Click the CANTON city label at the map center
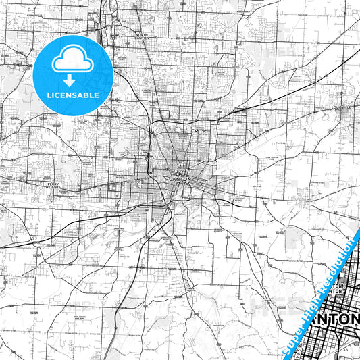[179, 178]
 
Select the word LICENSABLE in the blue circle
[72, 95]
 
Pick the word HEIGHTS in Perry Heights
[53, 186]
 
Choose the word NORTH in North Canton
[140, 34]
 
